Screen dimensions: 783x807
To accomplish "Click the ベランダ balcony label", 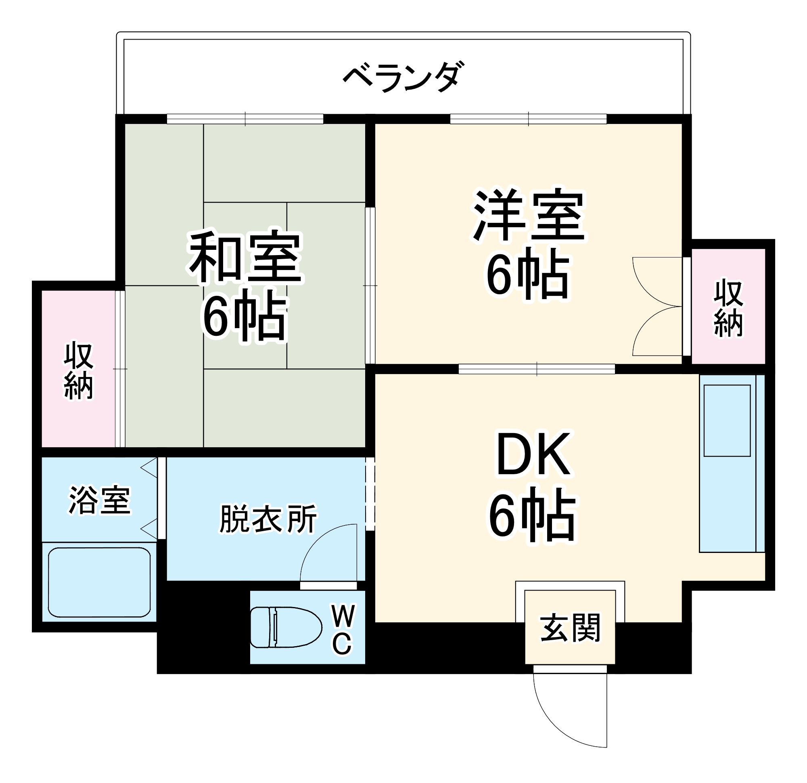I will [404, 77].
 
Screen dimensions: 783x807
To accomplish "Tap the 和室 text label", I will [245, 258].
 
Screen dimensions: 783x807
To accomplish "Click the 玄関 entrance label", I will [570, 628].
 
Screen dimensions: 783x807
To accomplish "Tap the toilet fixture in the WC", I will [286, 627].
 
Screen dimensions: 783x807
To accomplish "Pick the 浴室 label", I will [99, 500].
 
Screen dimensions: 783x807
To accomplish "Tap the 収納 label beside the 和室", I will [78, 370].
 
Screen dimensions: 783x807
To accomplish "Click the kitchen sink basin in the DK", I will [727, 421].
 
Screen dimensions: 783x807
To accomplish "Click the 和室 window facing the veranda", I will [245, 119].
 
